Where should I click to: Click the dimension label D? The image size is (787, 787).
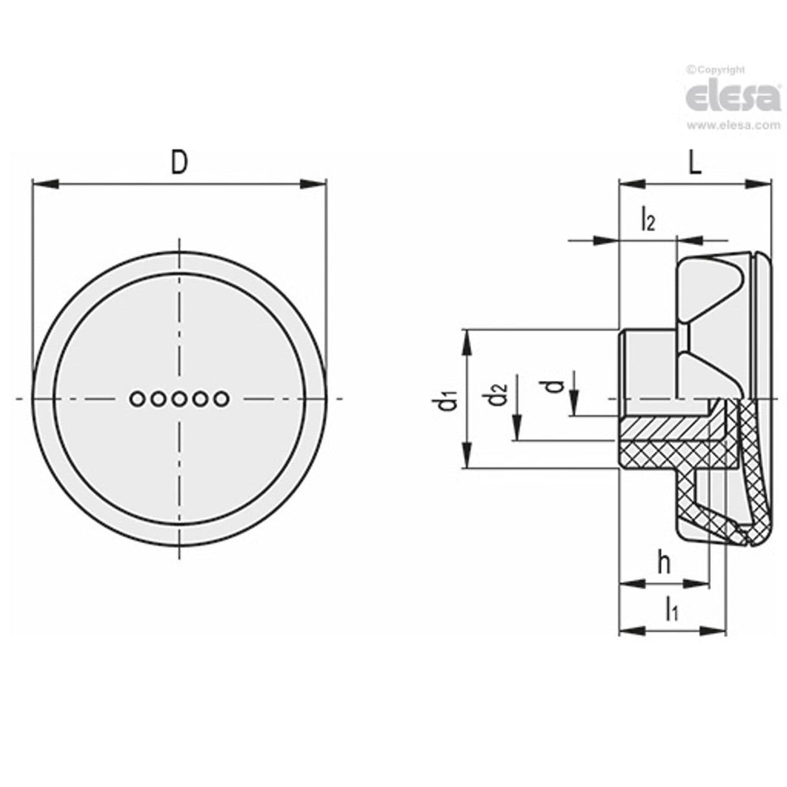click(179, 163)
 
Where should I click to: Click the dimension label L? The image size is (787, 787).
click(694, 163)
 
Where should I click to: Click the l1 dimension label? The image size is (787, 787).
click(671, 609)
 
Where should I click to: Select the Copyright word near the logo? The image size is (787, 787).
click(720, 70)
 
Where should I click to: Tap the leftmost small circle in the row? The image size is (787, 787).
click(137, 399)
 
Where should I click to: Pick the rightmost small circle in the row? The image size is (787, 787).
click(220, 399)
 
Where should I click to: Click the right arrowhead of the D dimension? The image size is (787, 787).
click(316, 184)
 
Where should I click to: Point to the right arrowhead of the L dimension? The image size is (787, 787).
click(762, 184)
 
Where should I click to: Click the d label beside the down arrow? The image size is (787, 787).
click(553, 386)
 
